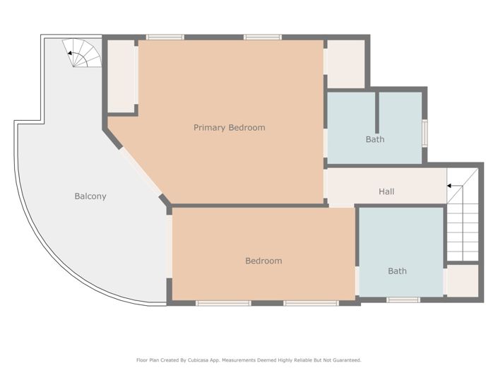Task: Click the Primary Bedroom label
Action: click(x=230, y=128)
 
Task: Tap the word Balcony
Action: click(x=90, y=196)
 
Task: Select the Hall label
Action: click(x=386, y=191)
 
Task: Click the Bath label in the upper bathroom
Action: click(x=375, y=139)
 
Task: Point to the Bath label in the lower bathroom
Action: click(x=397, y=271)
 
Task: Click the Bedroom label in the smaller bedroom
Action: click(x=263, y=261)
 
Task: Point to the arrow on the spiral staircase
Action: click(x=72, y=52)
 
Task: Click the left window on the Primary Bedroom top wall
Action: click(x=165, y=37)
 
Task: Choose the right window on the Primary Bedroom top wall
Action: click(x=263, y=37)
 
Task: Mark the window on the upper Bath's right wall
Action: click(x=425, y=132)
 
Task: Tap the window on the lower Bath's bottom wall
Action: click(x=403, y=300)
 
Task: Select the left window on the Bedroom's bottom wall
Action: click(x=223, y=303)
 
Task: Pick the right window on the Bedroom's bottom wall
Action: click(x=311, y=303)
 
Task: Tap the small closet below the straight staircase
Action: click(x=463, y=280)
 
